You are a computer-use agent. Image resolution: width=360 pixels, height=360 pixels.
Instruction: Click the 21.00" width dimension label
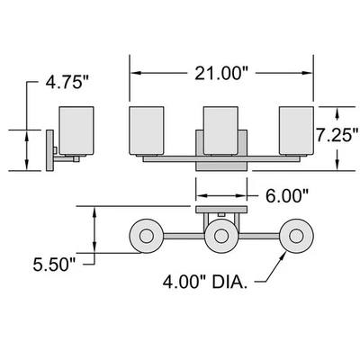click(222, 73)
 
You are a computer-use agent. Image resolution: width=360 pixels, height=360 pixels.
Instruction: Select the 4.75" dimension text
click(67, 82)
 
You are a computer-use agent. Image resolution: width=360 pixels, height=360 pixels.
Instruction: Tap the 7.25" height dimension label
click(337, 135)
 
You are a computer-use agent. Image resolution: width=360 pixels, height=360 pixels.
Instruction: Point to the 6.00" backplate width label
click(287, 196)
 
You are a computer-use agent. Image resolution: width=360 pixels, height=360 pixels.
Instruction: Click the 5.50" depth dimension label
click(55, 265)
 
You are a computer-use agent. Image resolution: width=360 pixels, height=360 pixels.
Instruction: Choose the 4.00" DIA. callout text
click(205, 283)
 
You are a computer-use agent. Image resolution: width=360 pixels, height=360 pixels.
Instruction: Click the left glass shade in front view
click(147, 130)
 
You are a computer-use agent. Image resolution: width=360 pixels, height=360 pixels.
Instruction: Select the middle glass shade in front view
click(220, 130)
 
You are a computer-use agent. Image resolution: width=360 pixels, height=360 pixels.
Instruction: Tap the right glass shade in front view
click(296, 130)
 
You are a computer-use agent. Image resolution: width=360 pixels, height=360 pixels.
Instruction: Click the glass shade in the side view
click(76, 130)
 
